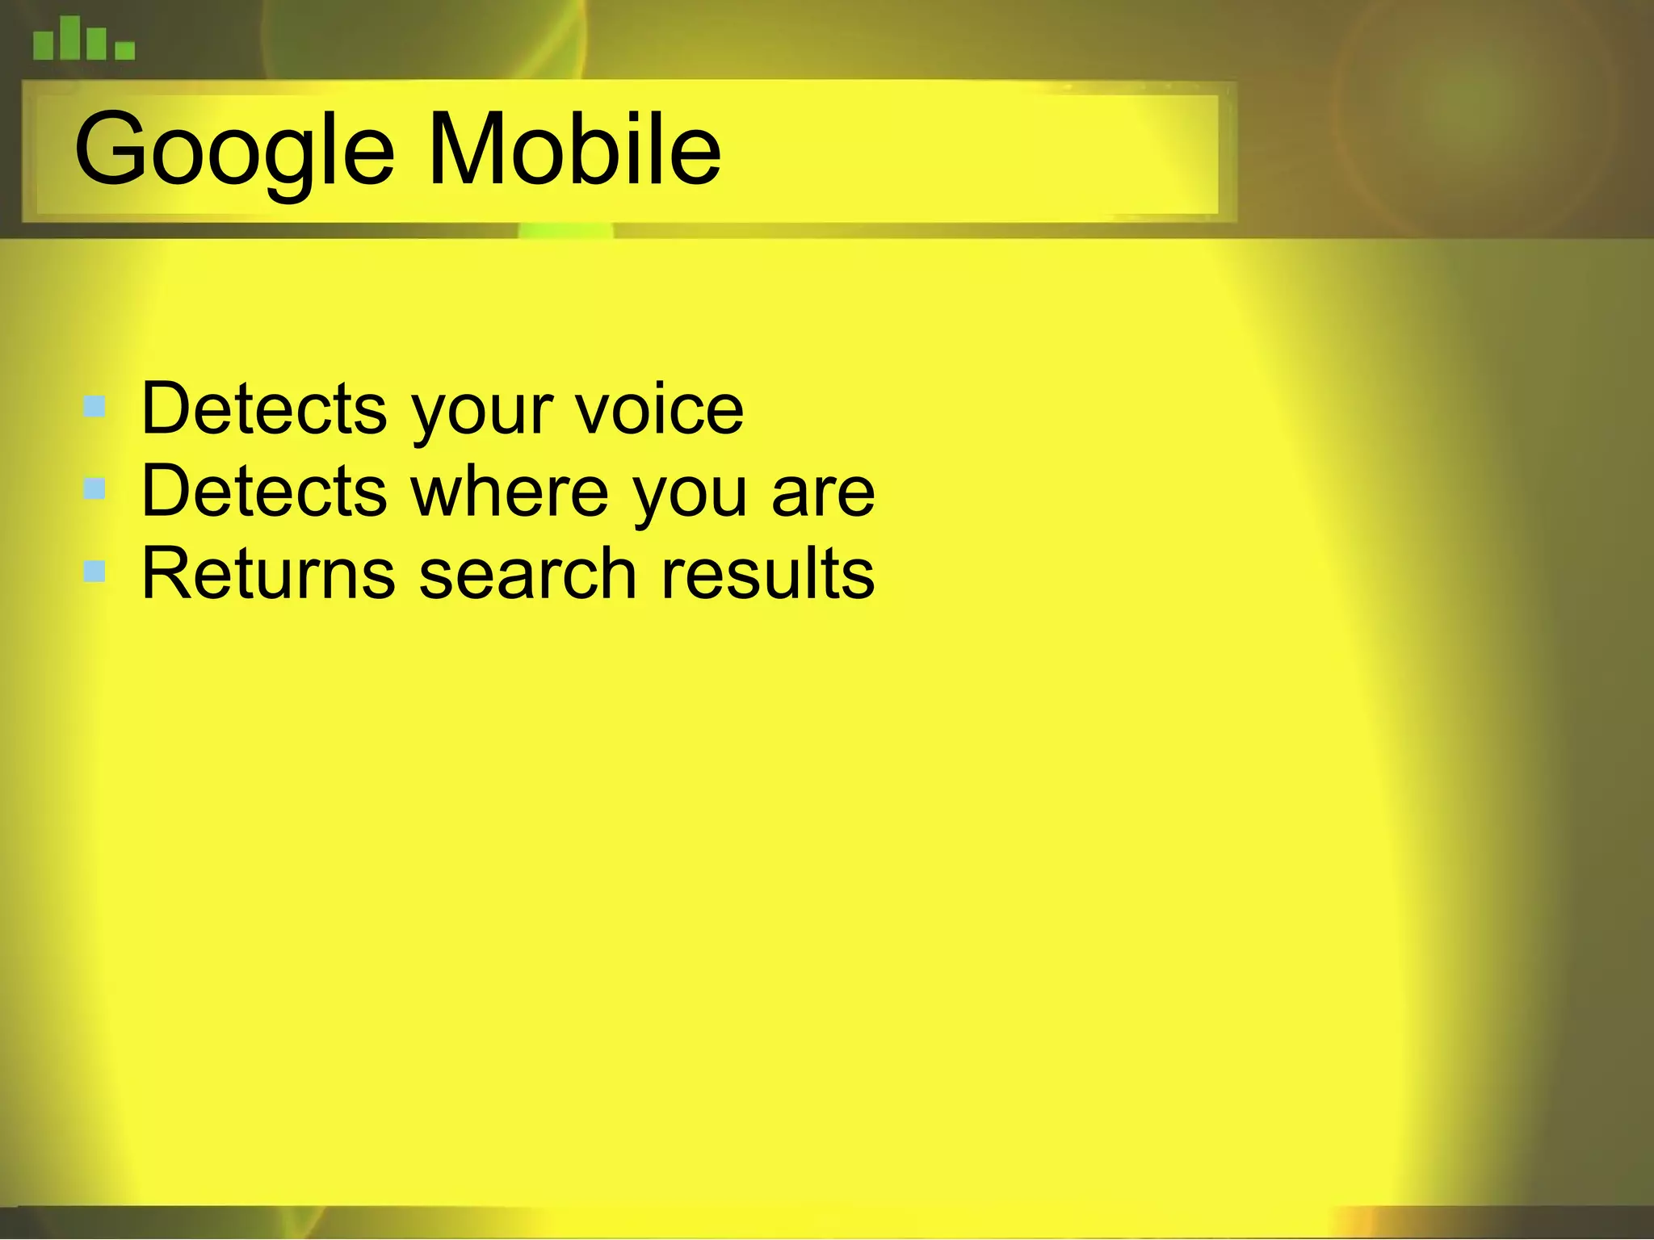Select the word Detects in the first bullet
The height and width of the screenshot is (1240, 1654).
pyautogui.click(x=264, y=409)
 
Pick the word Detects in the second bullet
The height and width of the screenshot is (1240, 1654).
pyautogui.click(x=264, y=492)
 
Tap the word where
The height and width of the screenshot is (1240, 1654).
pyautogui.click(x=510, y=492)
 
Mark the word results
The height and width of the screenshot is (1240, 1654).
pyautogui.click(x=767, y=574)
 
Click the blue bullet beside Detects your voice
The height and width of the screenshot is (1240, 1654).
pyautogui.click(x=94, y=406)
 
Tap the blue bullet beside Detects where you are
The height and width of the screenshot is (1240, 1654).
pyautogui.click(x=94, y=488)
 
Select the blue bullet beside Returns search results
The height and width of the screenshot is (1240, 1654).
pyautogui.click(x=94, y=572)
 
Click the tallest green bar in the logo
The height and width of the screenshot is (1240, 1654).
pyautogui.click(x=70, y=37)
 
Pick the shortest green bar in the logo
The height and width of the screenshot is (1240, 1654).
pyautogui.click(x=124, y=51)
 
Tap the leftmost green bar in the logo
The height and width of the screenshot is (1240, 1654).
pyautogui.click(x=43, y=44)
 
